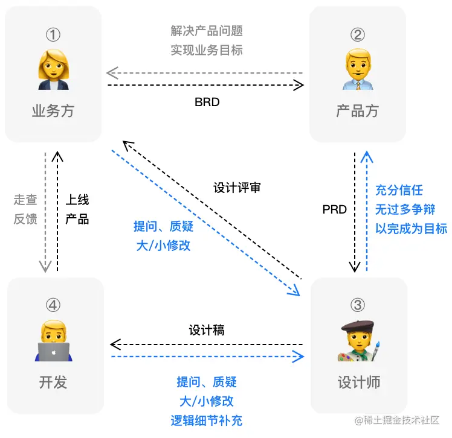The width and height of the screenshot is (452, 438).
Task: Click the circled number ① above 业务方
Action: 53,35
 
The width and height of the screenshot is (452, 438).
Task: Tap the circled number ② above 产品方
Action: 357,35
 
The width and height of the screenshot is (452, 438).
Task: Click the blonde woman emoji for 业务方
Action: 53,68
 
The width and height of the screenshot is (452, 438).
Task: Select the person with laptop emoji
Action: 53,342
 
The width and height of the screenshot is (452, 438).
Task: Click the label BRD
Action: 207,102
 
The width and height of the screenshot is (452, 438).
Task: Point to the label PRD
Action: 334,209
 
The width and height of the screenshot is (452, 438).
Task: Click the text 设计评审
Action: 237,187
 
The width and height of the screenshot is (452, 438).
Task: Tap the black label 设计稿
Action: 207,330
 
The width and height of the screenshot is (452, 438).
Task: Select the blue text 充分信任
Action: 399,190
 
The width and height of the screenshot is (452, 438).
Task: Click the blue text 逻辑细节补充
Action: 207,421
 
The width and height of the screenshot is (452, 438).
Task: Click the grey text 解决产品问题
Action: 207,31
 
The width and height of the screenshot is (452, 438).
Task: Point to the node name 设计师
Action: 358,381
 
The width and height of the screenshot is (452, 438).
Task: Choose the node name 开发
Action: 53,381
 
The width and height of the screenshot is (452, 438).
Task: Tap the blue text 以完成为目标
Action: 411,229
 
